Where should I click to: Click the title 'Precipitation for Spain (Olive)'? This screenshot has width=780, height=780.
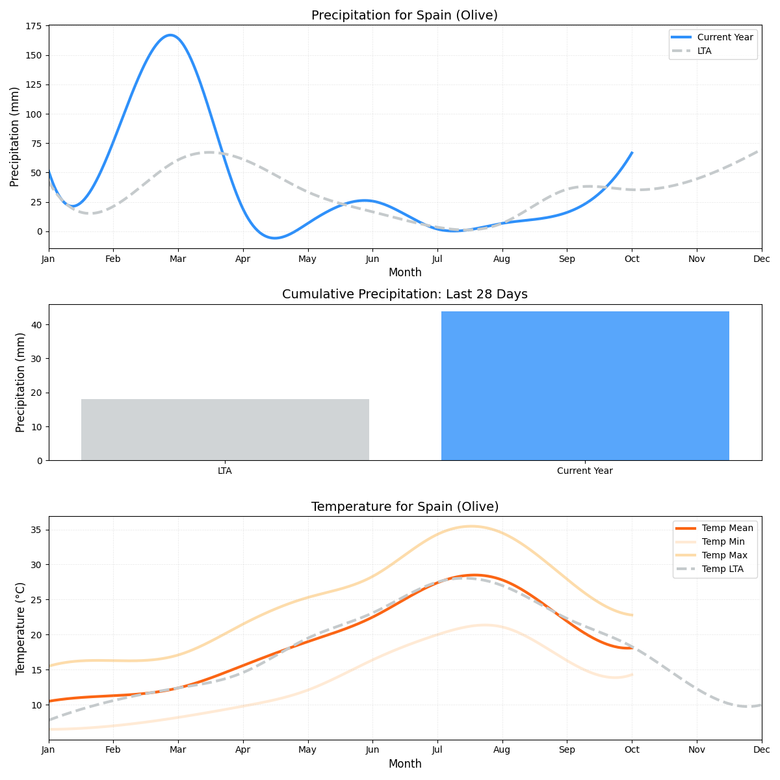click(404, 16)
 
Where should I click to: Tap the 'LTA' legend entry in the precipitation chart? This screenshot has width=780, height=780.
click(704, 51)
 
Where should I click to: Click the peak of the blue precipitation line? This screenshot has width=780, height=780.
click(171, 35)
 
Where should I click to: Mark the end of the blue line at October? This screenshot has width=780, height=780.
click(632, 153)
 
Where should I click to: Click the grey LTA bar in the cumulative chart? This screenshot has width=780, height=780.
click(225, 430)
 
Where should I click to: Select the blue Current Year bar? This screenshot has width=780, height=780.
click(585, 386)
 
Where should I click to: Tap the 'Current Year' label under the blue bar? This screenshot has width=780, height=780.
click(585, 471)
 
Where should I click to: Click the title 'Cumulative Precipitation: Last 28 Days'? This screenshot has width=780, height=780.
click(404, 294)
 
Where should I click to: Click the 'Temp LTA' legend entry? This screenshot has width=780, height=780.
click(722, 569)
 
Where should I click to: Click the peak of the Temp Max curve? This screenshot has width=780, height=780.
click(471, 526)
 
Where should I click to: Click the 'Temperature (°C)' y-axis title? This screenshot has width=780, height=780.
click(21, 628)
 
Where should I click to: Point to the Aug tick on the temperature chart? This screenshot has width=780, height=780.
click(502, 749)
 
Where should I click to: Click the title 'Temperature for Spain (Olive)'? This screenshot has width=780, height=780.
click(404, 507)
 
